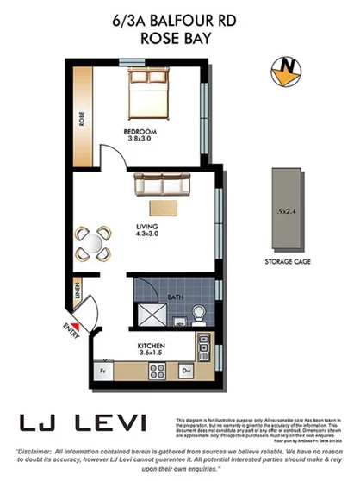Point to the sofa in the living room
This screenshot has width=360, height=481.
[x=164, y=184]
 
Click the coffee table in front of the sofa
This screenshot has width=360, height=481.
[x=163, y=207]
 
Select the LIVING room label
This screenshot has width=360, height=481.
[x=147, y=228]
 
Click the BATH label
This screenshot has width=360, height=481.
[x=175, y=298]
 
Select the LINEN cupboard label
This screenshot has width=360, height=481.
[x=78, y=290]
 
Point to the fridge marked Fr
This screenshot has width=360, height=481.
[x=102, y=371]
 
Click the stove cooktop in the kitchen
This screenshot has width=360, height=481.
[x=158, y=372]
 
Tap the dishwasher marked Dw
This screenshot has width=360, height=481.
[x=186, y=372]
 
